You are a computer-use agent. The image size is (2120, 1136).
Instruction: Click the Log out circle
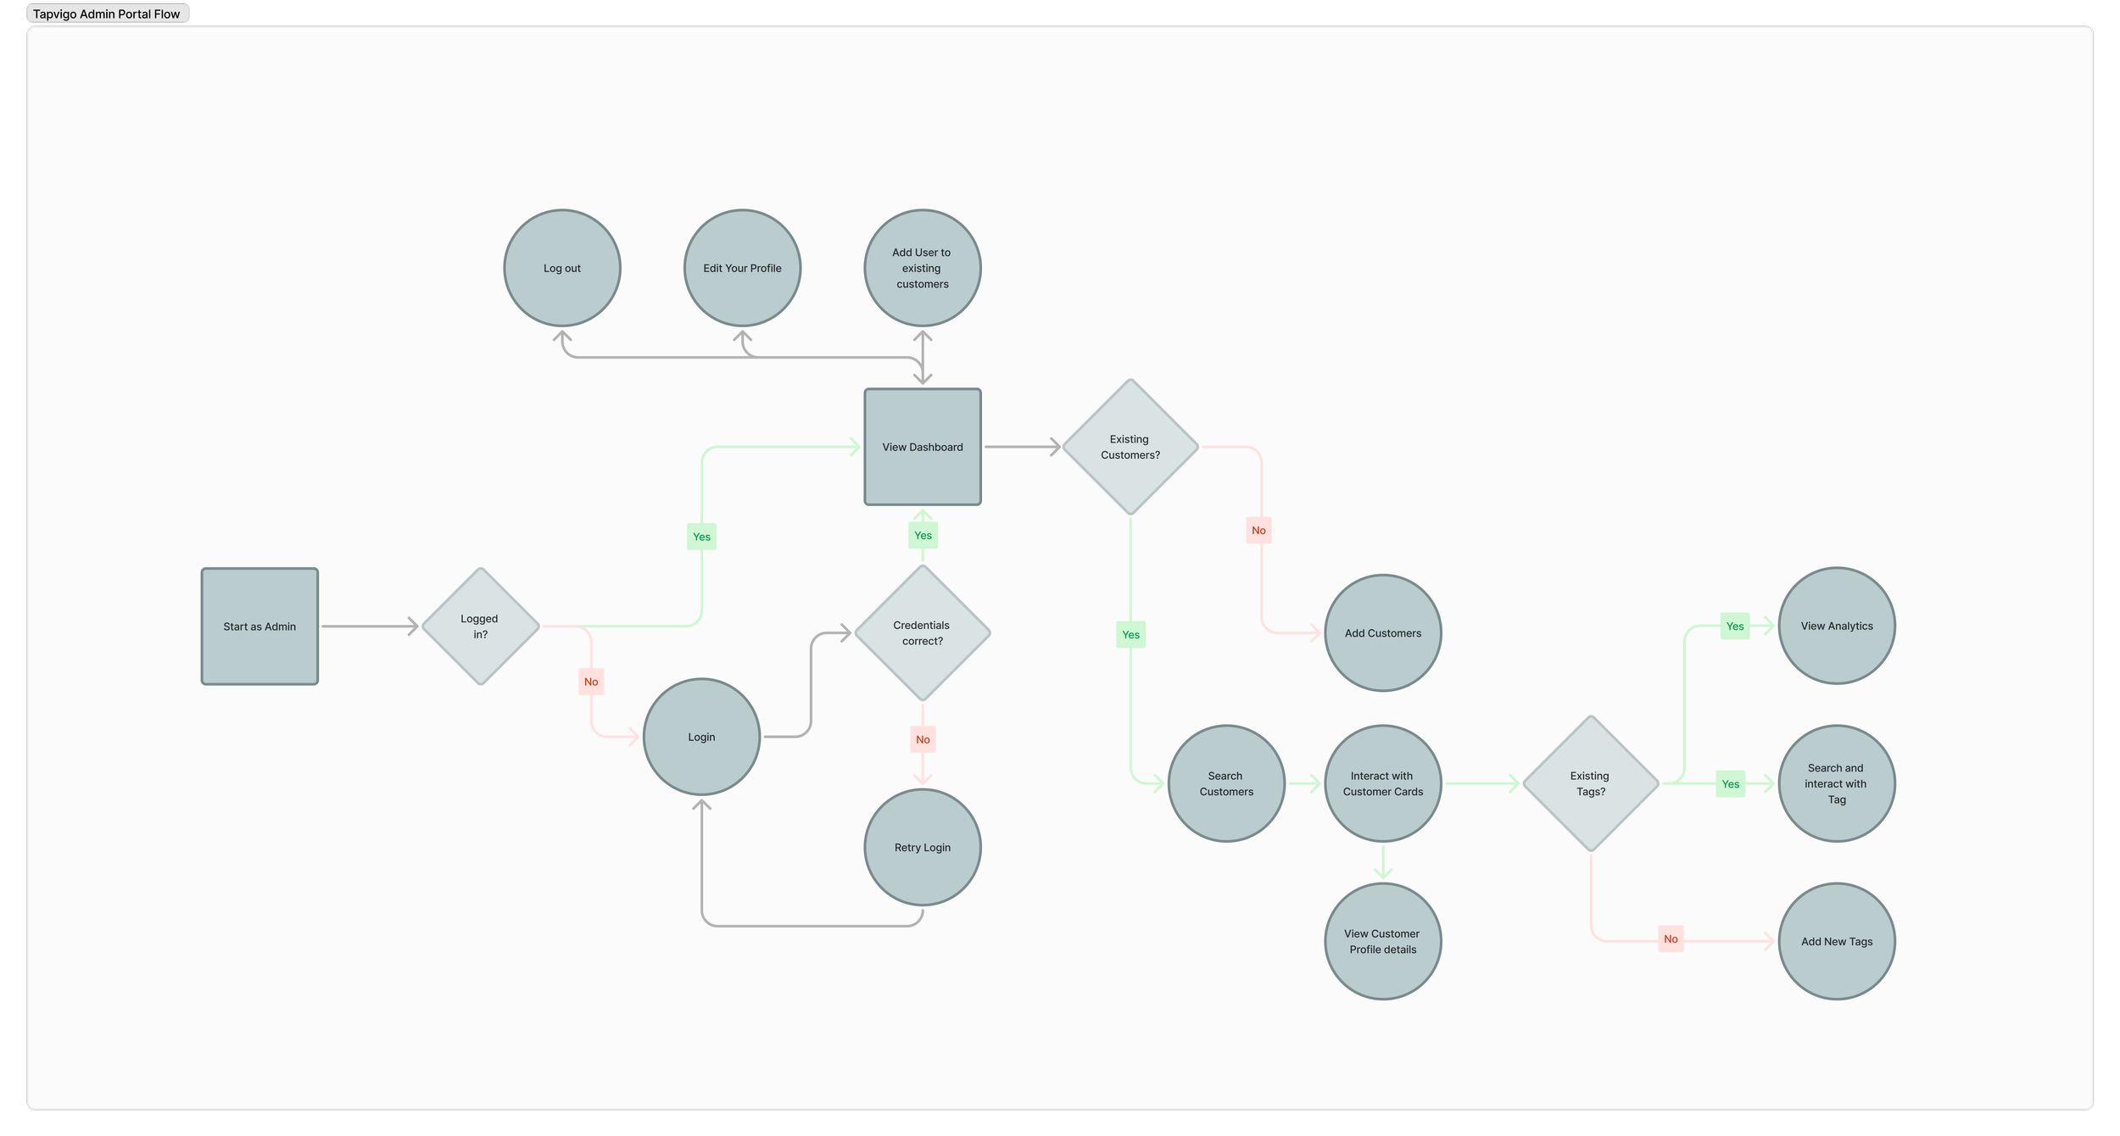(562, 268)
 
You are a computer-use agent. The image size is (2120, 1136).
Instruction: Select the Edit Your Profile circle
(742, 268)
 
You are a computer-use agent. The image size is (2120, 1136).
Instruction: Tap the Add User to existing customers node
(923, 268)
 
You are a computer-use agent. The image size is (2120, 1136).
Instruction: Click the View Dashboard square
(923, 447)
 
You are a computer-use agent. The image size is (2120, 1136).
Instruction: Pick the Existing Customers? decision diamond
(1130, 447)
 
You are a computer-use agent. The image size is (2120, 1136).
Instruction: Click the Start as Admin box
(259, 626)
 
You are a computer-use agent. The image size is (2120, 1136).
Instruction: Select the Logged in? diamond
(480, 626)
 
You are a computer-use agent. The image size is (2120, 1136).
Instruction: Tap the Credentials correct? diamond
(923, 633)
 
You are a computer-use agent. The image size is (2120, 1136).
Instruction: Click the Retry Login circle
(923, 848)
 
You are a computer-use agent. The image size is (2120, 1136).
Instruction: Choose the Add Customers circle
(1383, 633)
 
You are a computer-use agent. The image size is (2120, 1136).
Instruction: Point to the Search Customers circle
(1226, 783)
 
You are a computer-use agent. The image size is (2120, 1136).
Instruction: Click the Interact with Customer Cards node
(1383, 783)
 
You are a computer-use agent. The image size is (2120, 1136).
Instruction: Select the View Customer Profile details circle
(1383, 942)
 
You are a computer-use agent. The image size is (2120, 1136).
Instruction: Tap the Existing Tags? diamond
(1590, 783)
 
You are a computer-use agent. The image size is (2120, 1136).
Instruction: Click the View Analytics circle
(1837, 626)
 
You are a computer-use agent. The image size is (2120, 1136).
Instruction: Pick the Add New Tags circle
(1837, 942)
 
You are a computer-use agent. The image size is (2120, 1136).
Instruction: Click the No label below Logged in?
(591, 682)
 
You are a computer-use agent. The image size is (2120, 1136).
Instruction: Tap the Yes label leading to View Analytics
(1735, 626)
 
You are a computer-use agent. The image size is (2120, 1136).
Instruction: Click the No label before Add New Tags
(1671, 939)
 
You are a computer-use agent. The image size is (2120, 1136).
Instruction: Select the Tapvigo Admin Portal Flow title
(107, 14)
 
